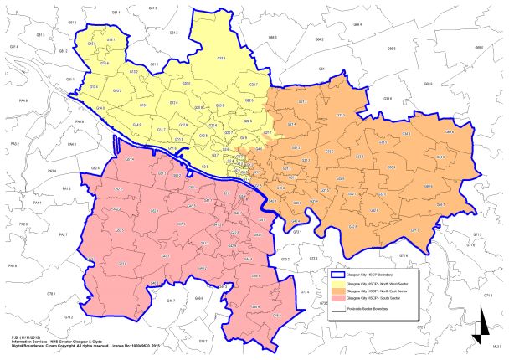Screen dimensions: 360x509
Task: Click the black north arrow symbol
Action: [x=476, y=327]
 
